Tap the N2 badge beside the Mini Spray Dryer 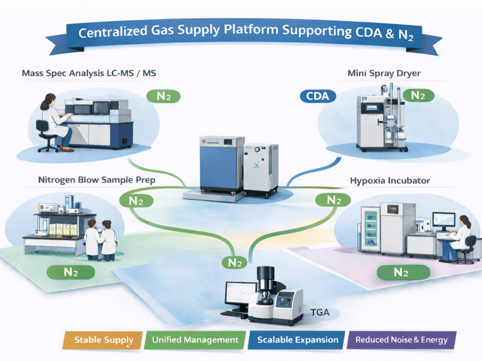[418, 95]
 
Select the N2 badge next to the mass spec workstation [163, 96]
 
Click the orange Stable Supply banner [104, 340]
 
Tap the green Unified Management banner [195, 340]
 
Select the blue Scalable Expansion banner [297, 340]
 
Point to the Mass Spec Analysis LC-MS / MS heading [89, 74]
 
